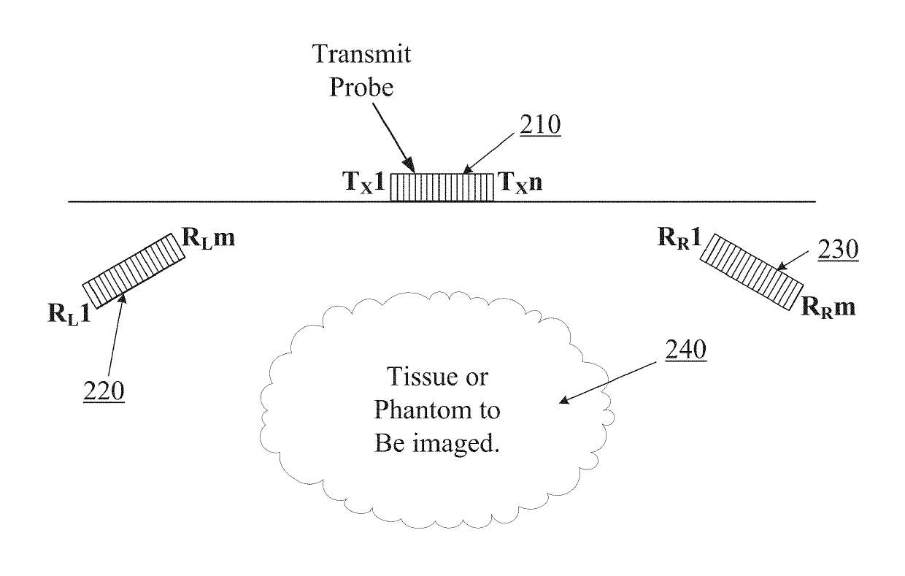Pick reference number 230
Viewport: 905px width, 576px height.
pos(838,250)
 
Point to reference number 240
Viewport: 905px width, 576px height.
pos(685,352)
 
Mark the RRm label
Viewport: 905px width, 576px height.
pos(828,307)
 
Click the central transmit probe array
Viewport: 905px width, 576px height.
pos(442,186)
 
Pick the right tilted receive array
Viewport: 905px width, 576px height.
pos(756,272)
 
